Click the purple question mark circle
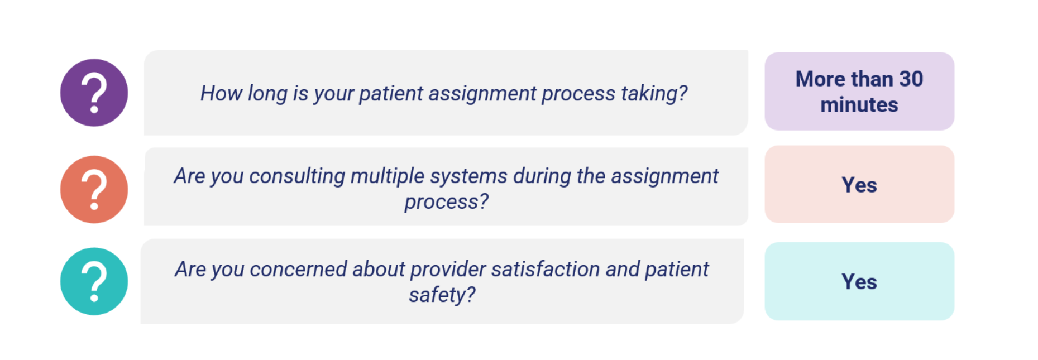click(x=94, y=93)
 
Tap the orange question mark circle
click(x=94, y=189)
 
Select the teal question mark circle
click(x=94, y=281)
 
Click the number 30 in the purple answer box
click(x=911, y=79)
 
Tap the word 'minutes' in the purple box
click(x=859, y=105)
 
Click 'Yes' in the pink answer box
click(x=859, y=185)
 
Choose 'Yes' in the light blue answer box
click(x=859, y=281)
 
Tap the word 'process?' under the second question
click(x=447, y=202)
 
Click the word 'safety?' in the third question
click(x=442, y=295)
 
